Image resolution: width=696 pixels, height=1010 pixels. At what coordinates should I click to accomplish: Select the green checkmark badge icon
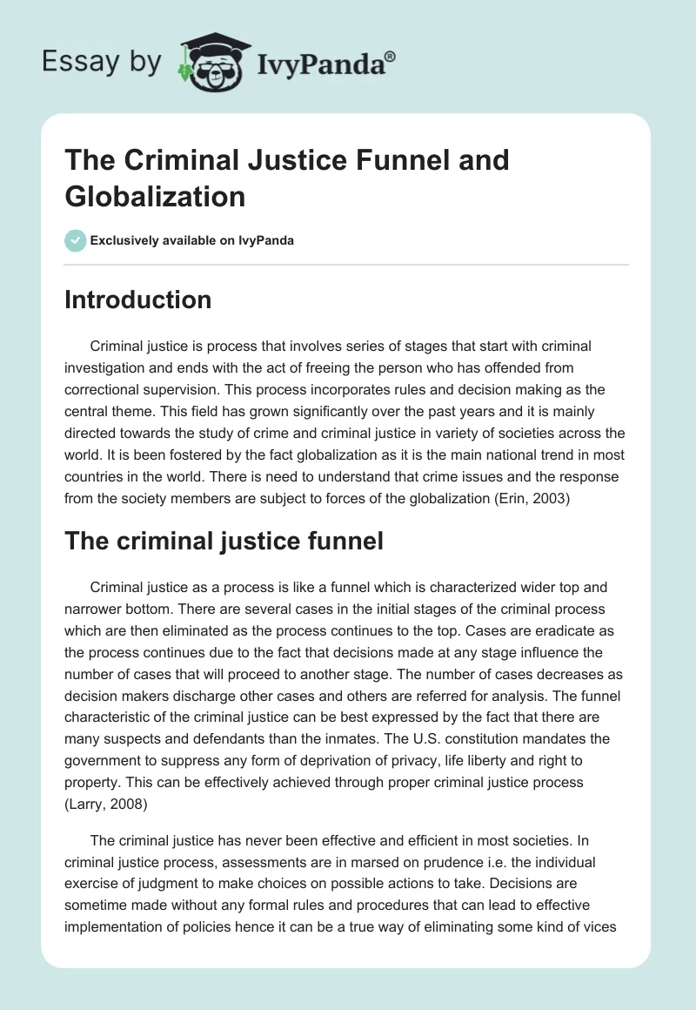coord(76,240)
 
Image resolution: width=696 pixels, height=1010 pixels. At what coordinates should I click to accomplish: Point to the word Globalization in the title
coord(155,197)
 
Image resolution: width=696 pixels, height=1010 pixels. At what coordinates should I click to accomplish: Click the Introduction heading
coord(138,300)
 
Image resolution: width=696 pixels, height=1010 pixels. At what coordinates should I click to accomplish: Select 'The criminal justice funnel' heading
coord(224,541)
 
